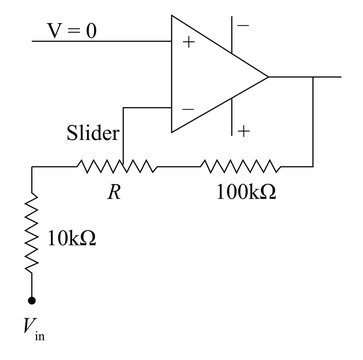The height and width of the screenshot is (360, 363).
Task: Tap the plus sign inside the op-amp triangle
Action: click(185, 42)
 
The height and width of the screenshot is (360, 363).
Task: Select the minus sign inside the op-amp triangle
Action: click(185, 105)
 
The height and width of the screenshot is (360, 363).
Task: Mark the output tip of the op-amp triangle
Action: click(268, 75)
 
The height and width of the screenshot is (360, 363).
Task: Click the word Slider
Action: click(93, 133)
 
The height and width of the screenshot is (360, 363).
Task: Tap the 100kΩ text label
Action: click(246, 190)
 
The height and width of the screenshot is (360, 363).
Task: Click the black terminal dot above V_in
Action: click(32, 299)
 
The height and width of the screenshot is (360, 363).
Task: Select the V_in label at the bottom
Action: click(32, 326)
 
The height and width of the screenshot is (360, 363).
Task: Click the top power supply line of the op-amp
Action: click(232, 31)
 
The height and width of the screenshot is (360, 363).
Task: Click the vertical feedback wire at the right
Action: click(313, 120)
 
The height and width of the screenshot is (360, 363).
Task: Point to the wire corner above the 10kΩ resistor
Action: click(32, 165)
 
